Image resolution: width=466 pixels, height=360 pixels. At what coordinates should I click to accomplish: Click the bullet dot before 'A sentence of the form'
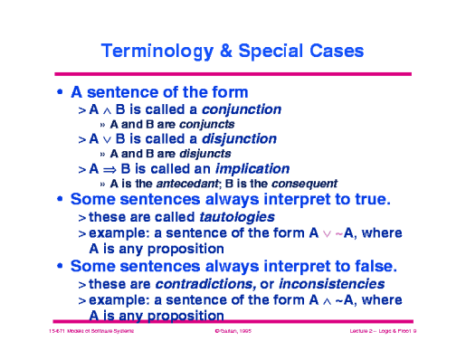point(60,92)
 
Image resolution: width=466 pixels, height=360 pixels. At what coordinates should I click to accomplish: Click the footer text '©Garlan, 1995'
point(231,334)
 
